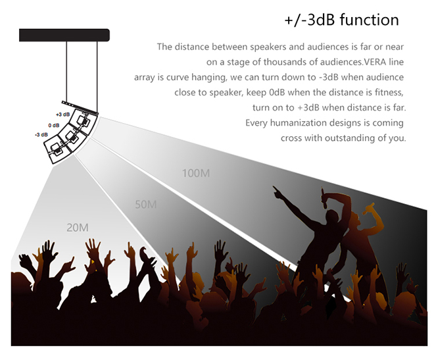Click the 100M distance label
196,173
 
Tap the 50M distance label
146,205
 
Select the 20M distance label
78,228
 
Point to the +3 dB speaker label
62,115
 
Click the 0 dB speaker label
54,126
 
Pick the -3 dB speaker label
41,134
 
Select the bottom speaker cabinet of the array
58,150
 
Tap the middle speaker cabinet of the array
72,137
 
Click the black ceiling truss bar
64,35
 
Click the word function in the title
370,20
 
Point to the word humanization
297,122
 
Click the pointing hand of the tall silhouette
277,192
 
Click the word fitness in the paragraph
389,92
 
